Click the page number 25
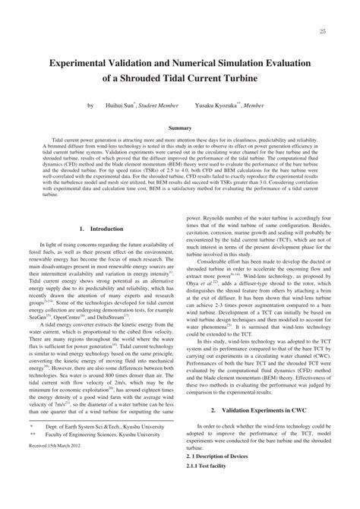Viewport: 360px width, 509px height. [x=323, y=31]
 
